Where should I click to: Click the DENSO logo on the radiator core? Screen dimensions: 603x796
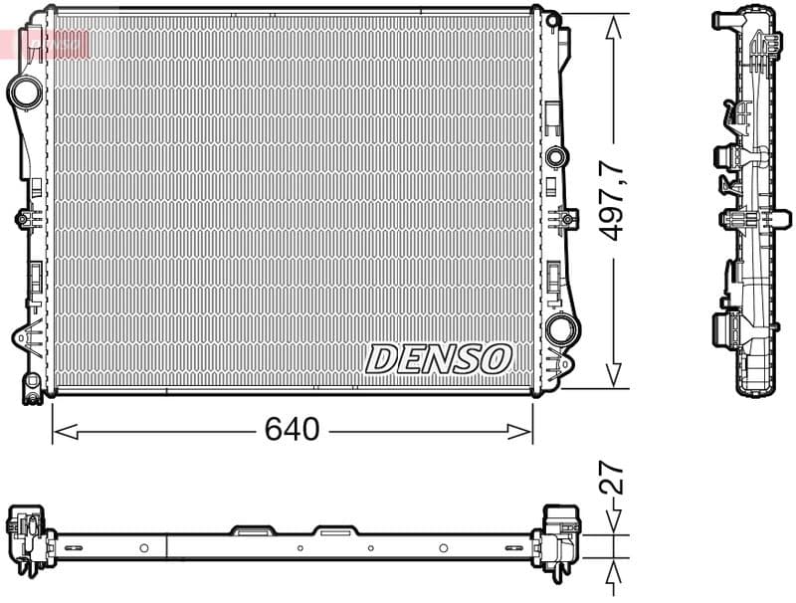pos(439,358)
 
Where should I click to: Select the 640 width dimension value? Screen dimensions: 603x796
pos(292,430)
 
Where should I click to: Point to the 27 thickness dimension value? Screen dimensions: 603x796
pos(612,480)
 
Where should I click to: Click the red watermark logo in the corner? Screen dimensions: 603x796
pos(50,42)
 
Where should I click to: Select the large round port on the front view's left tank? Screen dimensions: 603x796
pos(25,93)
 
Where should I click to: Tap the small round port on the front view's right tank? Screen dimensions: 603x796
pos(556,155)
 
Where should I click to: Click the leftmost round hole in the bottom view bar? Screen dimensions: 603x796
pos(144,547)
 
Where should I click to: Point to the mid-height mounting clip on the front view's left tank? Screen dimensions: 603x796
pos(23,220)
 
